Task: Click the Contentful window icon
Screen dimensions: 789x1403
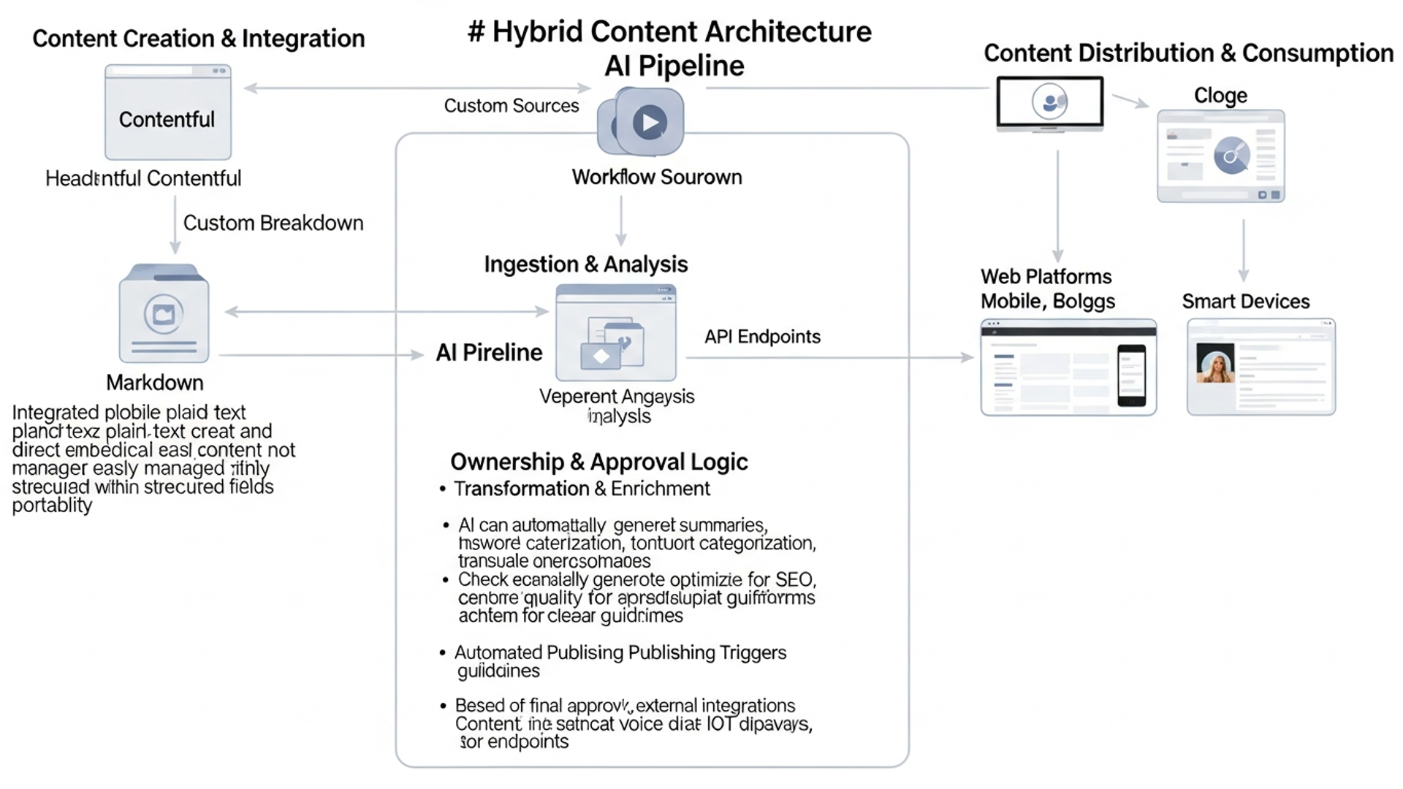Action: [167, 112]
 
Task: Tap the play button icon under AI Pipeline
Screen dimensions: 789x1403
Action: [649, 122]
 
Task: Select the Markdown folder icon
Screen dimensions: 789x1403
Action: [164, 314]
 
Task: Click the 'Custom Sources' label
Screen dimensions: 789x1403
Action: [511, 106]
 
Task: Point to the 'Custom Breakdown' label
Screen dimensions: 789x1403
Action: [273, 223]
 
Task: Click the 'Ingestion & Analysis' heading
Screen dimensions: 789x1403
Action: [585, 264]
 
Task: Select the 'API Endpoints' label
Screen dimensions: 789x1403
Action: [761, 337]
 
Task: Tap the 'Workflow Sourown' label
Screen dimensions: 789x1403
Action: [656, 178]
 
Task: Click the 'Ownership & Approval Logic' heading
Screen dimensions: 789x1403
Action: [598, 462]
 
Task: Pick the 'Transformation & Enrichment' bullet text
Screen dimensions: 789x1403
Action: [582, 489]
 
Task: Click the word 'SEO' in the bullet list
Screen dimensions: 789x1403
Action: [794, 580]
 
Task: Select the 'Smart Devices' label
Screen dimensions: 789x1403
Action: [1245, 302]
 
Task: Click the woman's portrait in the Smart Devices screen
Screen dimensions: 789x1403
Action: [1214, 363]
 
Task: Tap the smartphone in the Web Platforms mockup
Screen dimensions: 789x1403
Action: [1131, 375]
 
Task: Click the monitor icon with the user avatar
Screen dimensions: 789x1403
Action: [1049, 102]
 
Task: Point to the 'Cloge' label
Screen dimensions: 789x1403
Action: [1220, 96]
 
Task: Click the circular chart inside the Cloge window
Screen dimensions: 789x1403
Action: [1231, 156]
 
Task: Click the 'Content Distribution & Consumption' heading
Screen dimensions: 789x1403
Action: [1188, 53]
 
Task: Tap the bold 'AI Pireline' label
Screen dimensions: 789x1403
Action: [489, 353]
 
